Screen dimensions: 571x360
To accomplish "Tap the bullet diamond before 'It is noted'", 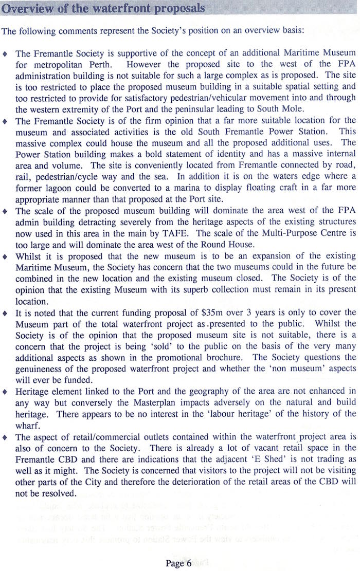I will click(5, 312).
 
